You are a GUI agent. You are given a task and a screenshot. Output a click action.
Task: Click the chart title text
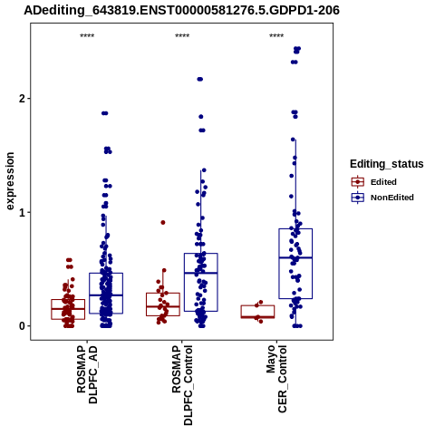(181, 10)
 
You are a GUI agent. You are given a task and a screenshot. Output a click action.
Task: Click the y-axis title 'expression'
(10, 181)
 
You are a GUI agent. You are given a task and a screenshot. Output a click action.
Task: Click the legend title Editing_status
(387, 164)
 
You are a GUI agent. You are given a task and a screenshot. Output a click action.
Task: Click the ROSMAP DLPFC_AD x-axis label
(87, 374)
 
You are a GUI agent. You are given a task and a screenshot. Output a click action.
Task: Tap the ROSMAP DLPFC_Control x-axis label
(182, 385)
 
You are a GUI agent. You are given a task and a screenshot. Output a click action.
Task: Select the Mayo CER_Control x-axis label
(276, 379)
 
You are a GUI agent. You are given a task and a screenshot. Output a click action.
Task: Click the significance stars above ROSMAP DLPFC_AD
(87, 36)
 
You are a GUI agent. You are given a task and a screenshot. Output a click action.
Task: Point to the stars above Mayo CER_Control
(276, 36)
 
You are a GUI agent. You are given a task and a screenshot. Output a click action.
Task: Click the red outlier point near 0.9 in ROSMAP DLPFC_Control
(163, 223)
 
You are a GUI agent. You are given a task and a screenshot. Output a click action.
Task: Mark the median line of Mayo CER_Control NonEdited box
(295, 257)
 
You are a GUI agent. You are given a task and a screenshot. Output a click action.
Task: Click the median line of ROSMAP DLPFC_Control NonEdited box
(201, 273)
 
